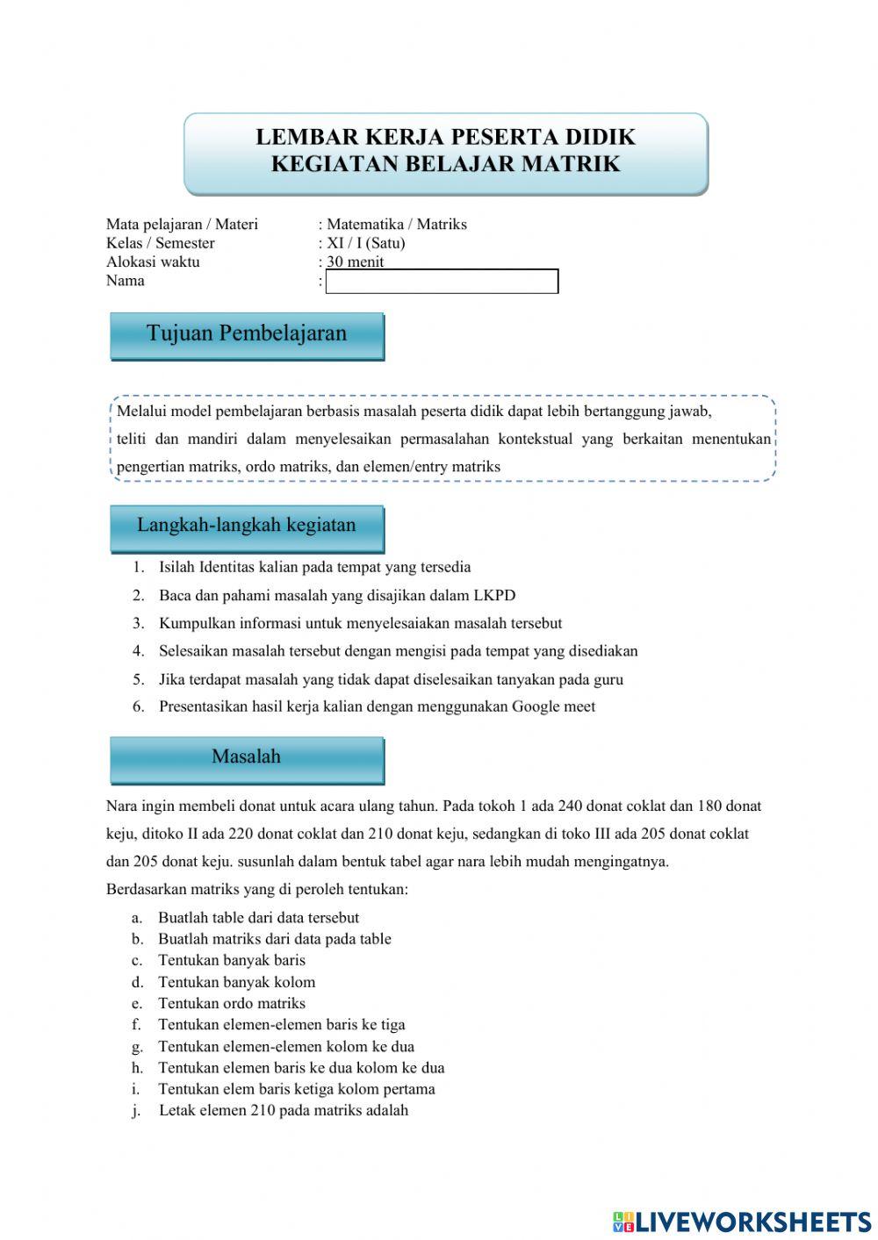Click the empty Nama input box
[x=442, y=282]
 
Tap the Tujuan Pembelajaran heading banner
[x=247, y=334]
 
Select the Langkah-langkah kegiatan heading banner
[x=247, y=527]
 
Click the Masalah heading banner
[x=247, y=757]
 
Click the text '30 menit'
[x=355, y=262]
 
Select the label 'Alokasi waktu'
[x=153, y=262]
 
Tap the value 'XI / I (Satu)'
[x=365, y=243]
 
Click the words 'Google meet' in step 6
[x=553, y=706]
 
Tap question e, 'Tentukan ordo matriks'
[x=232, y=1003]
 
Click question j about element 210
[x=283, y=1110]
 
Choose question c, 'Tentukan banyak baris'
[x=232, y=960]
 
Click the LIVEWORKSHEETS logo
[x=742, y=1221]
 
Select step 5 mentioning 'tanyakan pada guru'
[x=391, y=679]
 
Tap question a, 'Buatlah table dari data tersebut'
[x=258, y=918]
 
